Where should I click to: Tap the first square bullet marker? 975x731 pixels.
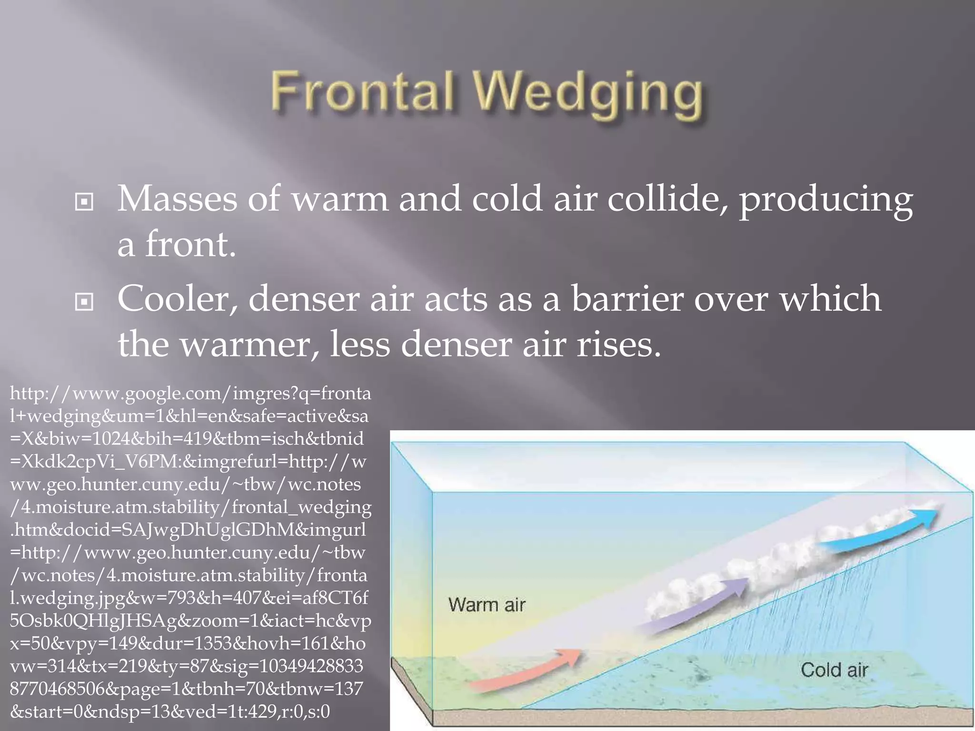click(84, 203)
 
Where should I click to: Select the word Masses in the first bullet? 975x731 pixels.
click(177, 198)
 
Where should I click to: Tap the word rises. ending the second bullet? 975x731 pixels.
click(619, 345)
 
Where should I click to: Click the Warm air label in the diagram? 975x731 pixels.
click(487, 605)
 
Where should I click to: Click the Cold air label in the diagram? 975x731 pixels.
click(834, 670)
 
